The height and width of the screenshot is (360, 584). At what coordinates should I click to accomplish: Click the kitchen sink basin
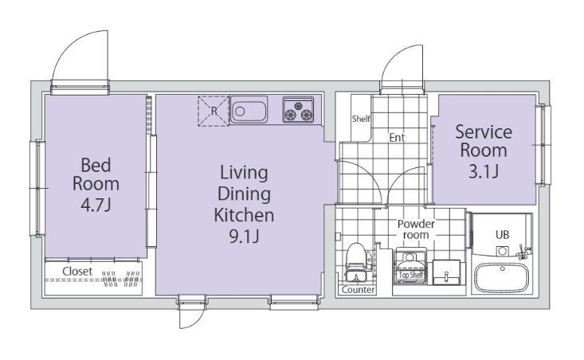[x=249, y=109]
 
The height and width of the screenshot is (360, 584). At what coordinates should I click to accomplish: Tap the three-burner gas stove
[x=298, y=109]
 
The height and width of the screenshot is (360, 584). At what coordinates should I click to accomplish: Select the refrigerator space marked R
[x=214, y=111]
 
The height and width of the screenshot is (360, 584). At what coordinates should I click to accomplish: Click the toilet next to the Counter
[x=356, y=262]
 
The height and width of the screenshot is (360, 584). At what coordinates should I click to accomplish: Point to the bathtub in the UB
[x=502, y=279]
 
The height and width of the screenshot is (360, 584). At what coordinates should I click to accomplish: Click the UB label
[x=503, y=235]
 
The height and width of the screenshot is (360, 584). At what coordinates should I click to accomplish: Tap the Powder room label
[x=416, y=229]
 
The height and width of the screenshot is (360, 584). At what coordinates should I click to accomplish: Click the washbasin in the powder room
[x=447, y=272]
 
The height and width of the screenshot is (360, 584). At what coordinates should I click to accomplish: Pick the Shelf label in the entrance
[x=361, y=119]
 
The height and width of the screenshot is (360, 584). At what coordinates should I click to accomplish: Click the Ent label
[x=397, y=138]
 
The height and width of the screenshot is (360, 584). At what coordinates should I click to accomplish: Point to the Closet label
[x=77, y=272]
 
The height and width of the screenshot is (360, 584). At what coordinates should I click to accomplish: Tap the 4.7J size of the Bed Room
[x=96, y=205]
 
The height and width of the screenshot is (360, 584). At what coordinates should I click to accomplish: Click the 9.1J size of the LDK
[x=244, y=237]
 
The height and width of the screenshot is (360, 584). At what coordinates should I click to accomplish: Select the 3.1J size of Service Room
[x=483, y=171]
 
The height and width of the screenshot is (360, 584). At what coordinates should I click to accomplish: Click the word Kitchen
[x=244, y=215]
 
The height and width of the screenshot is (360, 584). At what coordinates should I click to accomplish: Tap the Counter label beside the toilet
[x=358, y=290]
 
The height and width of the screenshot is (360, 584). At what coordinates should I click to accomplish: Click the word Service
[x=484, y=132]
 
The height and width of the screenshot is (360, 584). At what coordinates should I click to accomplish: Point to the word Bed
[x=96, y=166]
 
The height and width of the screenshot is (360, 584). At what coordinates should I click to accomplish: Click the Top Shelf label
[x=411, y=275]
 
